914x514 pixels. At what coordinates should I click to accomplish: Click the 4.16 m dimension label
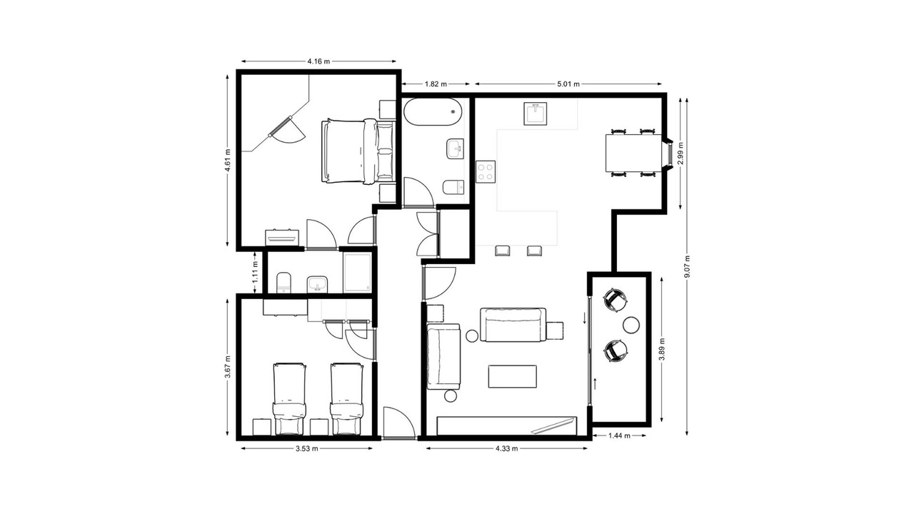318,61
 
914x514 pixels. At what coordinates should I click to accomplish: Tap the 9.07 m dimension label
687,267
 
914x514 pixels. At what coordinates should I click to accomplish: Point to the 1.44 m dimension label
619,435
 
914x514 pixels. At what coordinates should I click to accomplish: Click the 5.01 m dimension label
568,84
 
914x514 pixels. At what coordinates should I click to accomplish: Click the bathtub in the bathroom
433,112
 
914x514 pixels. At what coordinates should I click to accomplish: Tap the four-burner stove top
486,171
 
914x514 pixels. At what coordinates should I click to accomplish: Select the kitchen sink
536,114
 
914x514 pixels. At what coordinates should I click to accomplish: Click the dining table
633,153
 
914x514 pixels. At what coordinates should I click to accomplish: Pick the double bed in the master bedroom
358,151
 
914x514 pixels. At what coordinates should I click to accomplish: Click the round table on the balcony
631,325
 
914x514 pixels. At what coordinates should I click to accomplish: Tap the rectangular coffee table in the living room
513,376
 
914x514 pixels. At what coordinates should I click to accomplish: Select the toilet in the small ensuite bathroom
283,283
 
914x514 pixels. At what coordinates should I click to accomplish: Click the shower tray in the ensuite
358,273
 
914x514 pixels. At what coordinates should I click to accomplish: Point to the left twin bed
289,399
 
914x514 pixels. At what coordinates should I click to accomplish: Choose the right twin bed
346,399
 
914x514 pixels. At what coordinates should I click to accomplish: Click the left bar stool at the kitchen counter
503,251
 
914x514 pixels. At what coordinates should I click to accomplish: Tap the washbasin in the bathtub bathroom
456,149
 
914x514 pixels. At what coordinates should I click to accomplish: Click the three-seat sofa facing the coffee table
513,325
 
